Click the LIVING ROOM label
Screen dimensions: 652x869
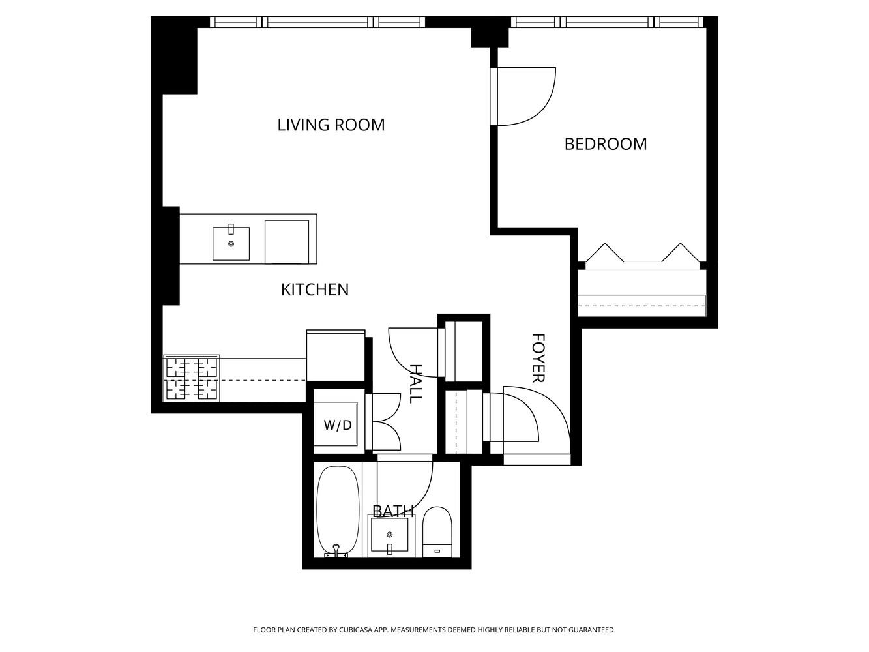pos(331,125)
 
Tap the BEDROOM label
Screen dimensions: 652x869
pos(605,144)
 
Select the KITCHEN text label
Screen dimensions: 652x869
pos(314,289)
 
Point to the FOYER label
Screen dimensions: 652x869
pos(538,358)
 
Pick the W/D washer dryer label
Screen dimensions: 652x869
pos(337,425)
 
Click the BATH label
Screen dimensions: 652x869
pos(392,511)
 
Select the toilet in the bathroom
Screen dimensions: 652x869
pos(437,531)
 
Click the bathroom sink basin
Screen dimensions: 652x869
pos(389,535)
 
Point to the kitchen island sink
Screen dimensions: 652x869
pos(231,243)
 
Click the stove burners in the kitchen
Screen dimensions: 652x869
pos(191,378)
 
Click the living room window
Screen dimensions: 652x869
pos(317,22)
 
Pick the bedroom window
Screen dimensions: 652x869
pos(607,22)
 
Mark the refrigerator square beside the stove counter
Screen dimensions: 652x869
pos(336,356)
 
